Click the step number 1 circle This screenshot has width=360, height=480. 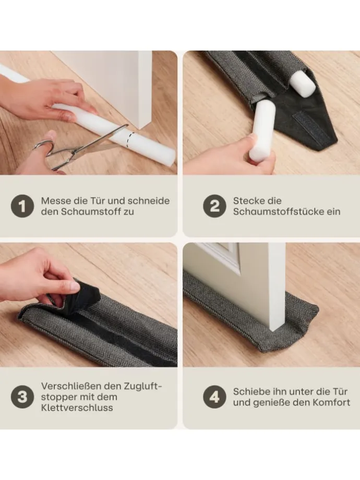(x=22, y=206)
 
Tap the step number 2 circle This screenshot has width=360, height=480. (x=214, y=206)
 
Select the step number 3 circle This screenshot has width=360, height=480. (x=22, y=397)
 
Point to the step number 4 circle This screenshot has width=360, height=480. (x=214, y=397)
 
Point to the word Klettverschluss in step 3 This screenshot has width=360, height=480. (x=77, y=408)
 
